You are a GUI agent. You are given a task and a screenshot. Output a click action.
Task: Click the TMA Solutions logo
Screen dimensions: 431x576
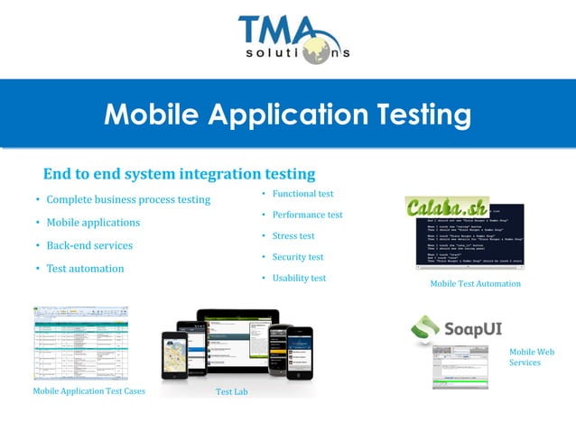click(293, 40)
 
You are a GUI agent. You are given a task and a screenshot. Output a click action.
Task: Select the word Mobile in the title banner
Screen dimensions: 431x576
click(153, 115)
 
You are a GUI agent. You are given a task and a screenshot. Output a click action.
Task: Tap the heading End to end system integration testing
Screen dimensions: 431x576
click(179, 173)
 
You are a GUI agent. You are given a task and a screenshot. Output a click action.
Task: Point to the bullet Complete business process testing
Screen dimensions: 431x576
click(128, 199)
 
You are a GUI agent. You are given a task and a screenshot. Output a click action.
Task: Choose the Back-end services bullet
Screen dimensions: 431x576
click(89, 245)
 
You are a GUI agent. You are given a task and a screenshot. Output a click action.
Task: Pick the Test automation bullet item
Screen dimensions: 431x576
click(85, 269)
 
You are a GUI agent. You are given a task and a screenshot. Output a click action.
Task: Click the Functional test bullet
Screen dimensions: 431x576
click(302, 194)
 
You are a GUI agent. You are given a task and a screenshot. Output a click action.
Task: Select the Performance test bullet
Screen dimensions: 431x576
click(307, 215)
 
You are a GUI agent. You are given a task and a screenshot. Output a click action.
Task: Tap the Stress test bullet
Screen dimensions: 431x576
click(293, 236)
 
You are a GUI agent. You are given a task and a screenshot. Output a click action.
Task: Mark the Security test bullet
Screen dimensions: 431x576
click(298, 257)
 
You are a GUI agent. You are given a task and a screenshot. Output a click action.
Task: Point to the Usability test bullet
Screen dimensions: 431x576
click(299, 279)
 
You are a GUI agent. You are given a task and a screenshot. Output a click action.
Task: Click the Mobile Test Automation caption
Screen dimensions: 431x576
click(475, 284)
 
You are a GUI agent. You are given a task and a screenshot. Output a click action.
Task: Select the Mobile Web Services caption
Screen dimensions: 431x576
click(531, 357)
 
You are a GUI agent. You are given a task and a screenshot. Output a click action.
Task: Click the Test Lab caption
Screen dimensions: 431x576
click(231, 392)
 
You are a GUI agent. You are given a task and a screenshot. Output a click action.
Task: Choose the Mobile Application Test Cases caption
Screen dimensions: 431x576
click(88, 391)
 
